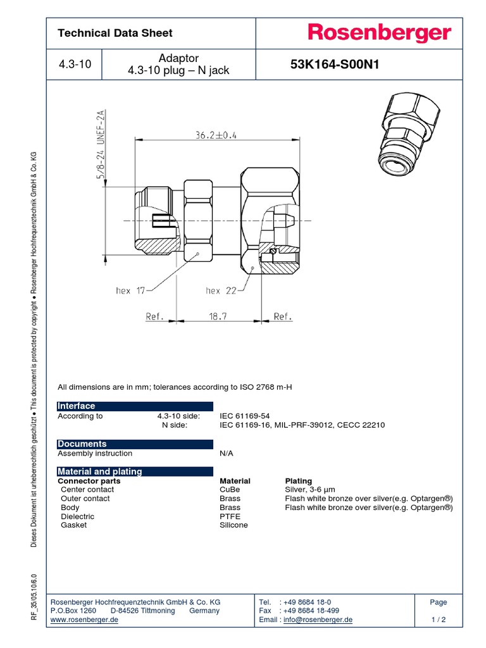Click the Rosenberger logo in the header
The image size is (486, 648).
(379, 34)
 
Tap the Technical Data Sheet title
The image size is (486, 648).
(115, 33)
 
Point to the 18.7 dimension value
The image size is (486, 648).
(217, 316)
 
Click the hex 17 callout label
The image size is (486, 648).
(130, 290)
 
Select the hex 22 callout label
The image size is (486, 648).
(221, 290)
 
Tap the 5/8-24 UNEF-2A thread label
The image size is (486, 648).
(100, 146)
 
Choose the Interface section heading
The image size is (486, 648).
(77, 406)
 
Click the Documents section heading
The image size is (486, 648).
(82, 444)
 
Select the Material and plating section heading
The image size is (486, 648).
(100, 471)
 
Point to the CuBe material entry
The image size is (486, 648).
(230, 490)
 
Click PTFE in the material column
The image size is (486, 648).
(230, 516)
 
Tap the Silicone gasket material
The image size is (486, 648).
(234, 525)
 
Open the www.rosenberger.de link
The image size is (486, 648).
(84, 620)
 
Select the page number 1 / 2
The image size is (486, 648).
(438, 620)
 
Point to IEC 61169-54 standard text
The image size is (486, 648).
(244, 416)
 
